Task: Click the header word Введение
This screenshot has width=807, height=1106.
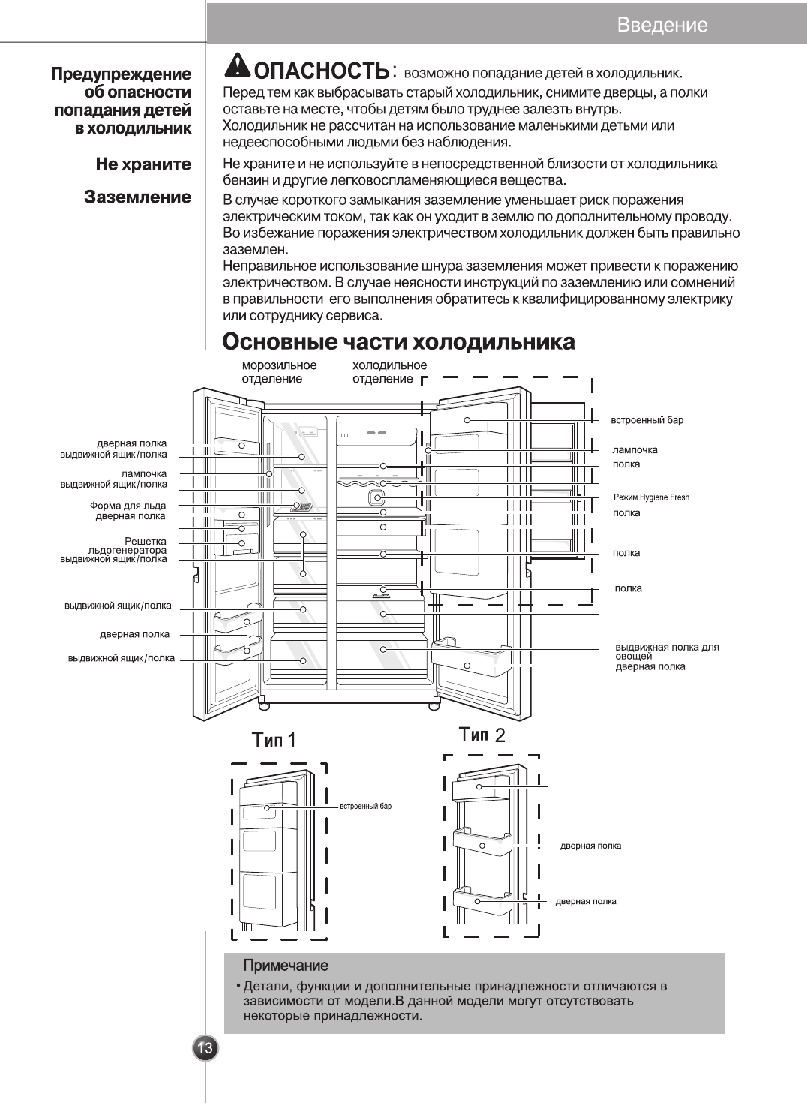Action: pyautogui.click(x=661, y=25)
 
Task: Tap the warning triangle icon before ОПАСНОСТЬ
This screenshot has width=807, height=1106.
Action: pyautogui.click(x=238, y=67)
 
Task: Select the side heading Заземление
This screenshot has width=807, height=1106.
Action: pyautogui.click(x=137, y=197)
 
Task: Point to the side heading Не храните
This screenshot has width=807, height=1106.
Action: pyautogui.click(x=143, y=164)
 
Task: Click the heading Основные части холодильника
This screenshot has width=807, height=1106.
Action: pyautogui.click(x=399, y=342)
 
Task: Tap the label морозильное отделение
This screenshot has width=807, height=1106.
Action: pyautogui.click(x=279, y=372)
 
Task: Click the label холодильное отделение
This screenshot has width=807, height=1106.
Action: pyautogui.click(x=389, y=372)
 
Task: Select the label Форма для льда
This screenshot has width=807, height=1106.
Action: pyautogui.click(x=127, y=506)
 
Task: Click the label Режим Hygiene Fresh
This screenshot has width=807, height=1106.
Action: pyautogui.click(x=651, y=497)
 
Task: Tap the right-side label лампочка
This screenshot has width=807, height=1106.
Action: pyautogui.click(x=634, y=449)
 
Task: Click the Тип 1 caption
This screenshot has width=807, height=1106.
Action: pyautogui.click(x=274, y=740)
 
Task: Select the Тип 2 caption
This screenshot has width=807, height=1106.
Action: pyautogui.click(x=481, y=735)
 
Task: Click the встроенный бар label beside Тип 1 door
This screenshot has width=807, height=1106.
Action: pyautogui.click(x=366, y=807)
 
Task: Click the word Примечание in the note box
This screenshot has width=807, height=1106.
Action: pyautogui.click(x=286, y=965)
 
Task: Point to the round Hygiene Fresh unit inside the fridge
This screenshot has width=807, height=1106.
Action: pyautogui.click(x=378, y=498)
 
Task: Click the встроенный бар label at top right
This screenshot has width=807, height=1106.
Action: pyautogui.click(x=646, y=420)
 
